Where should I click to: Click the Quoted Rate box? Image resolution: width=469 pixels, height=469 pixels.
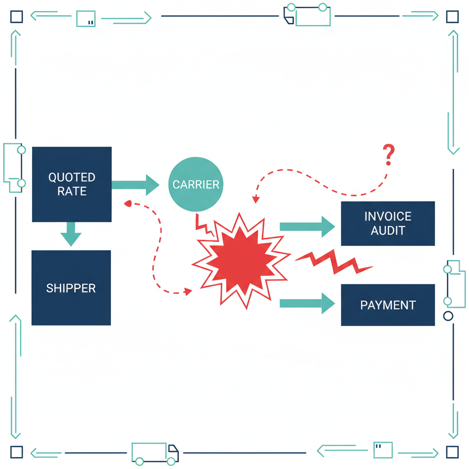(72, 184)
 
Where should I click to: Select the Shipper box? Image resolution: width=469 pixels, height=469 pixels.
(71, 288)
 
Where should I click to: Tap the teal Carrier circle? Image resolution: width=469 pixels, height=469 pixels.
(196, 184)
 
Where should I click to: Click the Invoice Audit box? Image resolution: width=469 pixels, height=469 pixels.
(387, 223)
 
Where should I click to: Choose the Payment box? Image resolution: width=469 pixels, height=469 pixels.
(387, 305)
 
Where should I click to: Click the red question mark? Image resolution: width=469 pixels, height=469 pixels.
(388, 155)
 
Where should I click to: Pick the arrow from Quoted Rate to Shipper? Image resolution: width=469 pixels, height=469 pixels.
(71, 234)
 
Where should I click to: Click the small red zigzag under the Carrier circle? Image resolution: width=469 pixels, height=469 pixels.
(203, 225)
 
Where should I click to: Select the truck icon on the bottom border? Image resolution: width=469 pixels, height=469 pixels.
(155, 453)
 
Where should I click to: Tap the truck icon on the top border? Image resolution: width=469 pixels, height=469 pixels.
(307, 15)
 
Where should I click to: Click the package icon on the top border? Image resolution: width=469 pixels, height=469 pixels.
(86, 18)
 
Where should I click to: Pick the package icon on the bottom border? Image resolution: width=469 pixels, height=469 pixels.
(383, 450)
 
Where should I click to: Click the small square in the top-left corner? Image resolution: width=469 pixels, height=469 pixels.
(16, 17)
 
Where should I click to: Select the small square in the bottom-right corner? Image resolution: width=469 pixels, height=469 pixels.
(452, 452)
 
